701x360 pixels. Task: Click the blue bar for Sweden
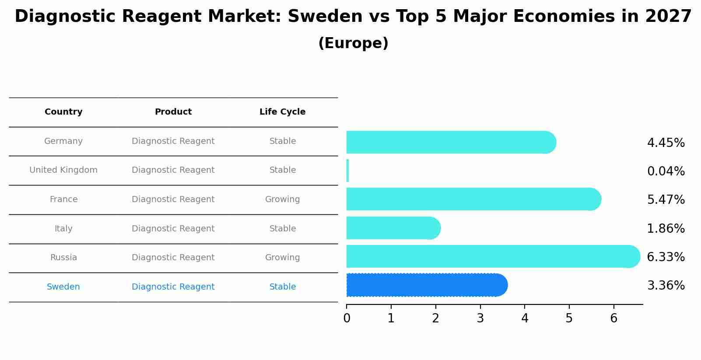point(427,285)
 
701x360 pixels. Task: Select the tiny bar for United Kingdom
point(347,171)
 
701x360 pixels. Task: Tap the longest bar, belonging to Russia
point(492,256)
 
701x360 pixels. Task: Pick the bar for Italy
point(393,228)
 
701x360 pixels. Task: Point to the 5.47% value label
point(666,200)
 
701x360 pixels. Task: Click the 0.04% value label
point(666,171)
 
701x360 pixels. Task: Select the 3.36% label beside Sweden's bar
point(666,286)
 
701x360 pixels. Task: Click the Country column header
point(63,112)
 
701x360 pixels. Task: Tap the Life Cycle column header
point(282,112)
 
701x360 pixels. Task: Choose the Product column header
point(173,112)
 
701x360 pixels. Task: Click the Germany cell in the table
point(63,141)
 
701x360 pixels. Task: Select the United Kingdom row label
point(63,170)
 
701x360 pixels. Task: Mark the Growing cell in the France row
point(282,199)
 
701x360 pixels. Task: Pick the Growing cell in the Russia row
point(282,258)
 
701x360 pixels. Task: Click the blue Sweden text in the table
point(63,287)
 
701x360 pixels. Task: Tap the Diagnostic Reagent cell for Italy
point(173,229)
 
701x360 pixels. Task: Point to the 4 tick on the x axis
point(525,318)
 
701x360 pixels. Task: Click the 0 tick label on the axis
point(347,318)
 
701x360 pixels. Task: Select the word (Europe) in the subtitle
point(353,43)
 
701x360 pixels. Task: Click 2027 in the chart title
point(668,17)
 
